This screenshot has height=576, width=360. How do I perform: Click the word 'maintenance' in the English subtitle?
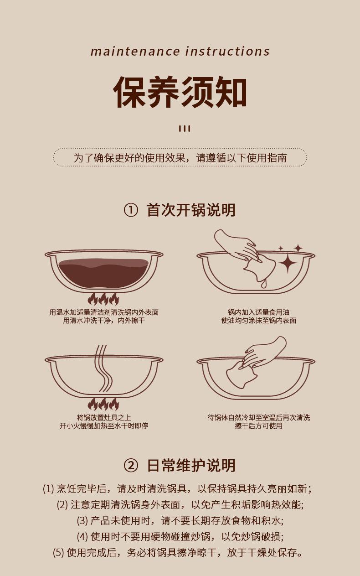click(x=135, y=52)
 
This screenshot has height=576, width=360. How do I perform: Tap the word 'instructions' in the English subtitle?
click(x=227, y=51)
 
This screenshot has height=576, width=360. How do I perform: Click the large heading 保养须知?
click(x=180, y=92)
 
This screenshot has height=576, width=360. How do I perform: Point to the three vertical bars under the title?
click(x=185, y=129)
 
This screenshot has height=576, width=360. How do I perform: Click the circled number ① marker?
click(x=131, y=210)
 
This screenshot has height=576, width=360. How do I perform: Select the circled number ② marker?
click(x=131, y=465)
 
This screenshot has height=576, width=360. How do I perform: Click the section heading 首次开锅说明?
click(x=191, y=210)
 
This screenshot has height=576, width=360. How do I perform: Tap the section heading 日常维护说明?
click(x=191, y=465)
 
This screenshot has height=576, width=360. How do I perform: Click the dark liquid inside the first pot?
click(x=104, y=273)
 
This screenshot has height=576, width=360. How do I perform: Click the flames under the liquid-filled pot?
click(x=103, y=299)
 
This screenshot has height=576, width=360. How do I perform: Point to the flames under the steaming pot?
click(x=103, y=404)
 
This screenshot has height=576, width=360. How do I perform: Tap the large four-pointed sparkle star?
click(x=288, y=263)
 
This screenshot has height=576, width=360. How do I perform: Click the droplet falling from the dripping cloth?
click(x=263, y=284)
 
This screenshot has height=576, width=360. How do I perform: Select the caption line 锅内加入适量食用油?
click(x=258, y=312)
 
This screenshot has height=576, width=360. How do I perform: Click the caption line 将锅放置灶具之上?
click(x=104, y=417)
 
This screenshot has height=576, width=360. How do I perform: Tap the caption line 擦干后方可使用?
click(x=258, y=426)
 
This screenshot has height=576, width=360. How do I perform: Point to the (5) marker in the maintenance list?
click(x=58, y=553)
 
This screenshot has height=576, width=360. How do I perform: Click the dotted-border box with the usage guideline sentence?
click(x=180, y=157)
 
